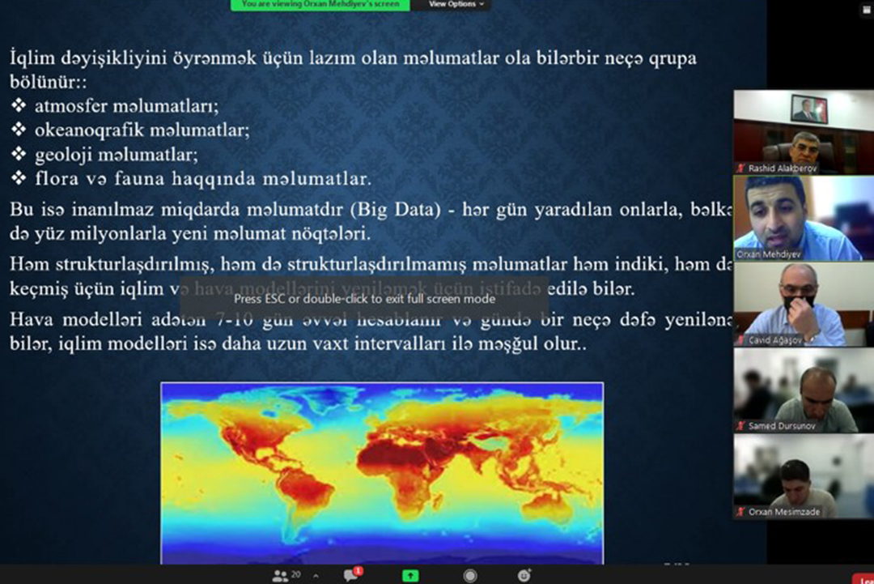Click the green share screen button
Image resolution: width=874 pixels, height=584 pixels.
click(410, 575)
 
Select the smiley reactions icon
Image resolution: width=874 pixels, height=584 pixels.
click(524, 575)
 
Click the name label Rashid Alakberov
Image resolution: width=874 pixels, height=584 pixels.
click(782, 168)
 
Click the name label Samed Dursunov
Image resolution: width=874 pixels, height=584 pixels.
click(782, 426)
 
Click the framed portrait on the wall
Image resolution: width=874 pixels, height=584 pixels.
click(809, 109)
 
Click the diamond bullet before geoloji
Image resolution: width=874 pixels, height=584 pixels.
click(19, 154)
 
